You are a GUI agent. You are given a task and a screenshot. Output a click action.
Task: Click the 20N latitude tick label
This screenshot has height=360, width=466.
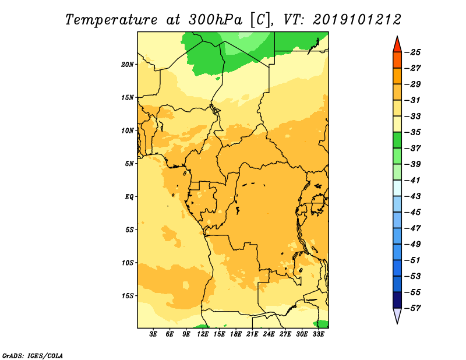128,65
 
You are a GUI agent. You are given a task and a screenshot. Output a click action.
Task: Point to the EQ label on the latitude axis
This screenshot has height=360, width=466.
129,197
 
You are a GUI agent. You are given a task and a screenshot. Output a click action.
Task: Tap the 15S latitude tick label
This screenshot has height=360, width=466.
128,296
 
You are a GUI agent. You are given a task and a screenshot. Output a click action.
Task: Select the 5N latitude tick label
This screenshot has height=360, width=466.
129,164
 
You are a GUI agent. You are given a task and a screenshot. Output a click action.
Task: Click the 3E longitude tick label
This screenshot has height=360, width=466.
153,334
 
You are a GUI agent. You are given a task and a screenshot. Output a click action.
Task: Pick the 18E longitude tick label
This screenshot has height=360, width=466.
236,334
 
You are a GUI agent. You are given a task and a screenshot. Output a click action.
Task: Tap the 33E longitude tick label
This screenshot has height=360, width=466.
318,334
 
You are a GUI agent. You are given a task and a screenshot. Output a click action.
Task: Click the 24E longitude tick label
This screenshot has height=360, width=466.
269,334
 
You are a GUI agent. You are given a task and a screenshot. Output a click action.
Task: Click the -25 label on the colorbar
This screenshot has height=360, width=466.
413,52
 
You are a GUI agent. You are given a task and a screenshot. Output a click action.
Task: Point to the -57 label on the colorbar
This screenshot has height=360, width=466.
413,308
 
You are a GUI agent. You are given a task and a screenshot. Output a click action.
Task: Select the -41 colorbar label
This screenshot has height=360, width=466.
413,181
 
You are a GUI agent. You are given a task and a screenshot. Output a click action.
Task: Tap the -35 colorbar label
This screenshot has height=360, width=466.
413,132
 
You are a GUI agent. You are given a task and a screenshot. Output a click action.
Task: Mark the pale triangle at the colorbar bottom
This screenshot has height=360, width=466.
397,315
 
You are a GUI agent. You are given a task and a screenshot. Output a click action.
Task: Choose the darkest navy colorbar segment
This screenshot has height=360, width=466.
397,300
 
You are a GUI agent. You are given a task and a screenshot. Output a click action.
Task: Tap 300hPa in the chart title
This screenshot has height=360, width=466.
215,20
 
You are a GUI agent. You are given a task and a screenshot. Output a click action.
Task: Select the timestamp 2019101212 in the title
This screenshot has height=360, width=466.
356,20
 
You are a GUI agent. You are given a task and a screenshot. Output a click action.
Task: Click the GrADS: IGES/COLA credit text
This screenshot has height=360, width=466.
33,356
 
